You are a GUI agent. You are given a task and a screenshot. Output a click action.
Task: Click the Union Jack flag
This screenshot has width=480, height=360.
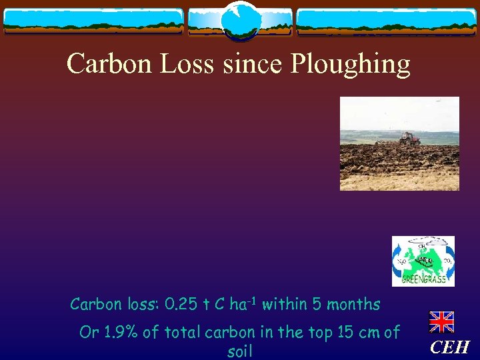pos(441,322)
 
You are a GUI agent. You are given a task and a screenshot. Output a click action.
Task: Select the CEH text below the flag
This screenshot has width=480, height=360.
pos(449,347)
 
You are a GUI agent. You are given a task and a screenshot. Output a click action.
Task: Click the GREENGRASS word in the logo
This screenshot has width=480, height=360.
pos(424,279)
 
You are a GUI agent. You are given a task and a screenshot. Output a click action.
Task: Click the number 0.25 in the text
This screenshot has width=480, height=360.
pos(181,305)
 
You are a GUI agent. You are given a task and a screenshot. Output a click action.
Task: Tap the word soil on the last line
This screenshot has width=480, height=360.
pos(239,351)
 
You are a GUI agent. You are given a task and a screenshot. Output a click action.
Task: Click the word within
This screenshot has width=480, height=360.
pos(283,305)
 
